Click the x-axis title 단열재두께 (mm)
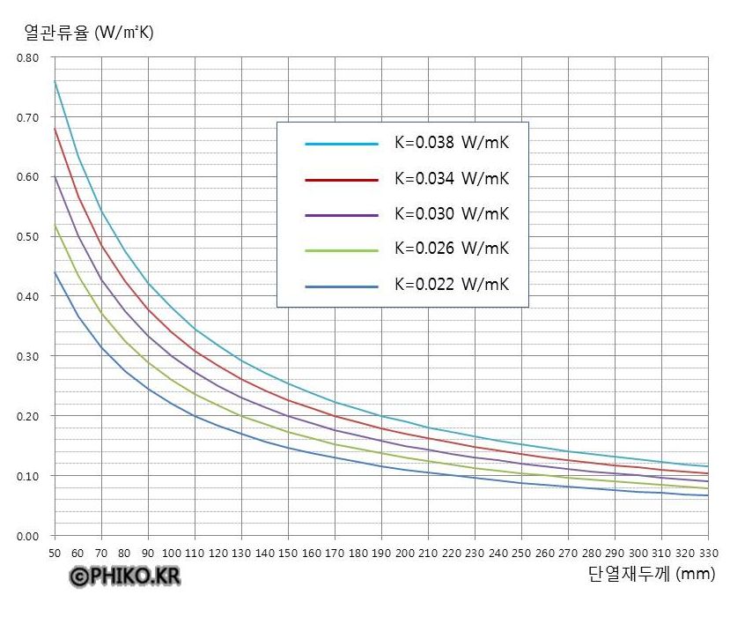pyautogui.click(x=651, y=575)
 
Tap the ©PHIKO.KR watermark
pyautogui.click(x=125, y=576)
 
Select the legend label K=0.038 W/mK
pyautogui.click(x=452, y=143)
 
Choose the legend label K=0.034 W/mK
pyautogui.click(x=452, y=179)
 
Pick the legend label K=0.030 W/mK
pyautogui.click(x=452, y=214)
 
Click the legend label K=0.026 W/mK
pyautogui.click(x=452, y=249)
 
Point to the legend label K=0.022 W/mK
pyautogui.click(x=452, y=285)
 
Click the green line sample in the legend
pyautogui.click(x=342, y=250)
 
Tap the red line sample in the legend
pyautogui.click(x=342, y=179)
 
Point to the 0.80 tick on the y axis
pyautogui.click(x=29, y=58)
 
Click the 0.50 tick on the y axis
pyautogui.click(x=29, y=237)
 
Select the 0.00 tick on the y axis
pyautogui.click(x=29, y=536)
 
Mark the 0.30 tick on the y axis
pyautogui.click(x=29, y=356)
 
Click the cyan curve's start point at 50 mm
pyautogui.click(x=55, y=81)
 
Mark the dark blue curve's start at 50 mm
pyautogui.click(x=55, y=272)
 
